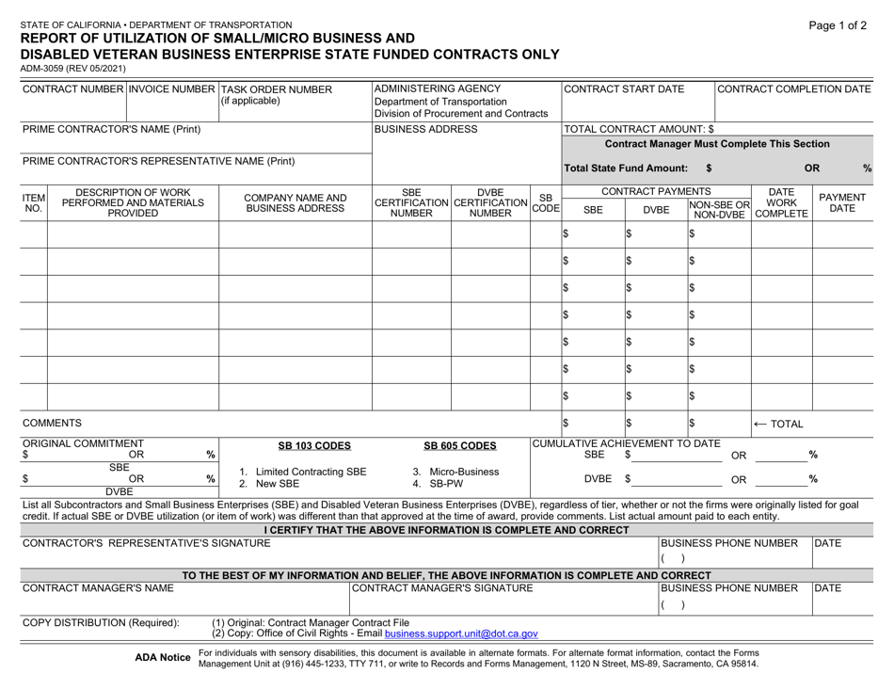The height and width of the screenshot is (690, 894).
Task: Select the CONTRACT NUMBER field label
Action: point(72,90)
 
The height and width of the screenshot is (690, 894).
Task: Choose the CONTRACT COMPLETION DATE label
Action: point(796,90)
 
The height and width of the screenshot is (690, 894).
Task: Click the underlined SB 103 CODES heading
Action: point(295,444)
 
